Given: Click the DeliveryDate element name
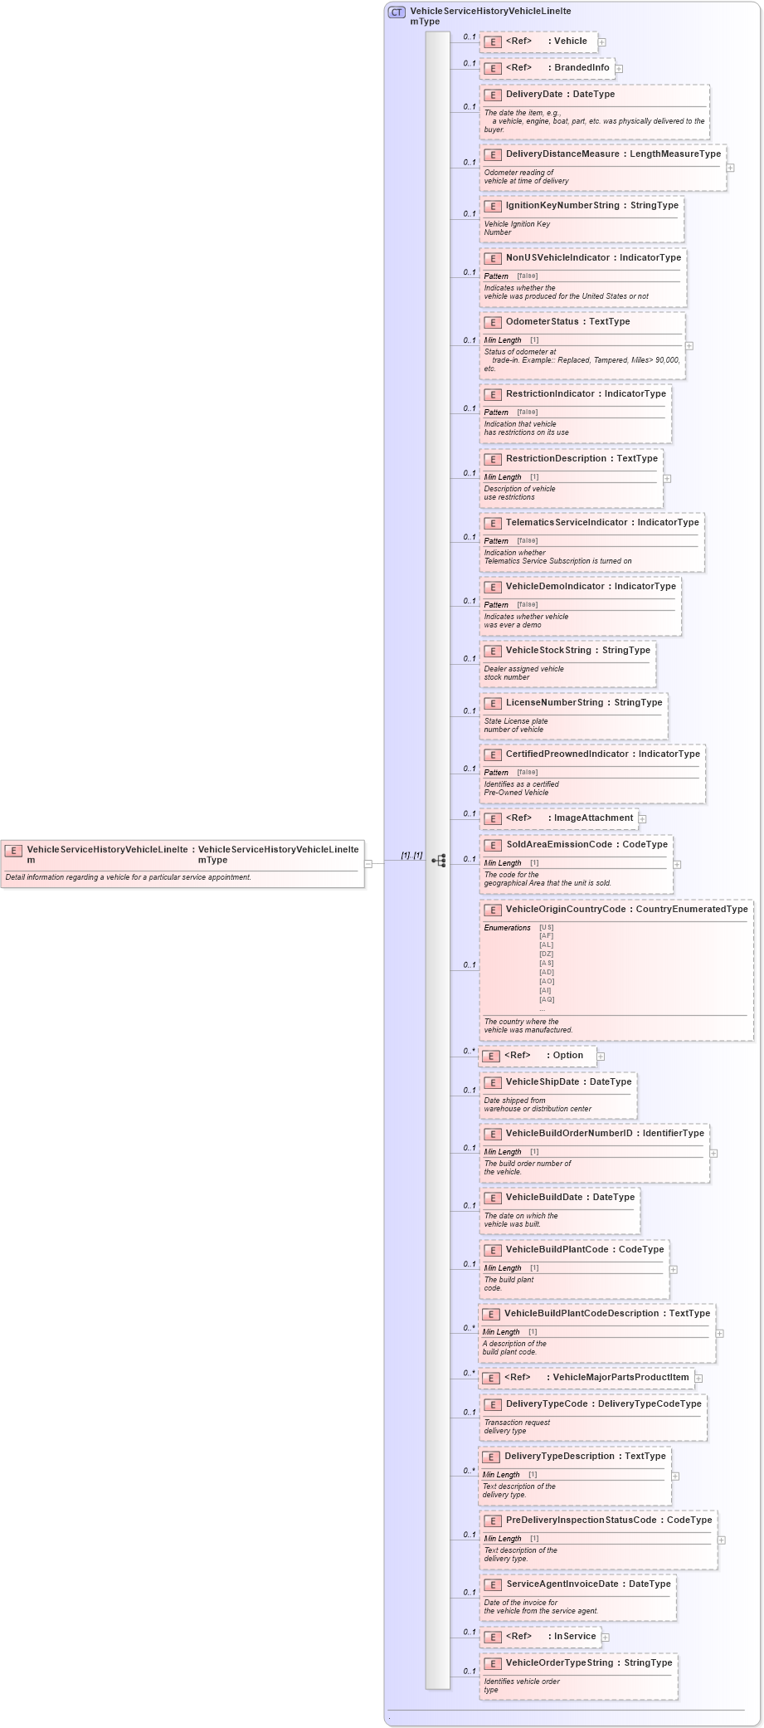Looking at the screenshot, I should [x=533, y=95].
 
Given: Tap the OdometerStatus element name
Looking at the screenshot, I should [x=542, y=322].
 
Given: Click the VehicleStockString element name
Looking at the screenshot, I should [x=548, y=651].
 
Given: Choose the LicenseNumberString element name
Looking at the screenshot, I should [x=554, y=703].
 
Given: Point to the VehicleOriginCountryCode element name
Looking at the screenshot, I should [x=566, y=910].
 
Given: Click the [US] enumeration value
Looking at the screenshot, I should [x=547, y=927].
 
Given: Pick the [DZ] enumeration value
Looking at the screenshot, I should [x=547, y=954].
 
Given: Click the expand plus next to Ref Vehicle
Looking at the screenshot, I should [x=602, y=42].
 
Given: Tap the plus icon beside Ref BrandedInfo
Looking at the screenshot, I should [x=619, y=69].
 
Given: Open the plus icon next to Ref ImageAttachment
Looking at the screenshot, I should [x=642, y=819].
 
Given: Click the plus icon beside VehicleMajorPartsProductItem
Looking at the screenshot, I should [x=698, y=1379].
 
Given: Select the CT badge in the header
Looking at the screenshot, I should [x=397, y=12].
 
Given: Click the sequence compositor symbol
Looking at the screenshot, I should [x=439, y=861].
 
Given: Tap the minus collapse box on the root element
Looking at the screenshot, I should [x=368, y=863].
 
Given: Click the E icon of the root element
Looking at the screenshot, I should [x=13, y=851].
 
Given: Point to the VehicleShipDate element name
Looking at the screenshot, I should [x=543, y=1082].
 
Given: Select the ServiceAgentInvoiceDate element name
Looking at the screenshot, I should [x=562, y=1584].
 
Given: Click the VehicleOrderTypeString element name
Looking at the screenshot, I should [x=562, y=1663].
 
